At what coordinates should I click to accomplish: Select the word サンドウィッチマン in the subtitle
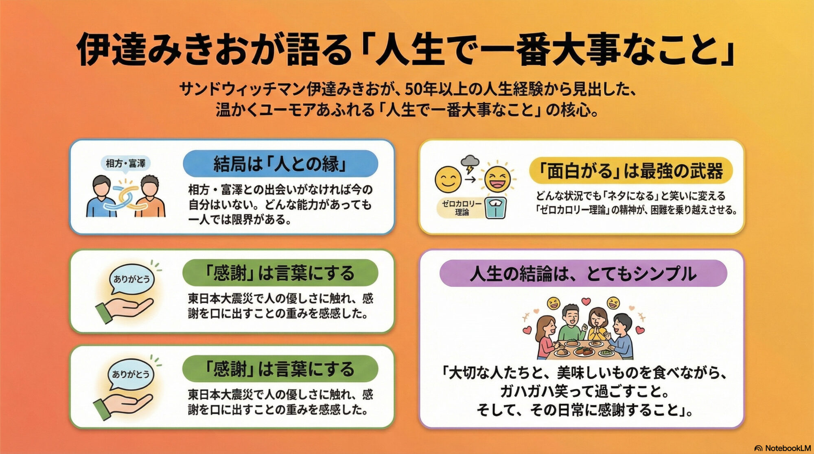click(242, 89)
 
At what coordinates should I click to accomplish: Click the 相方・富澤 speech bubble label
click(125, 164)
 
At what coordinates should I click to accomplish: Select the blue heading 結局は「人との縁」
click(280, 164)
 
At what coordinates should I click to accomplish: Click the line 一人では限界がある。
click(240, 220)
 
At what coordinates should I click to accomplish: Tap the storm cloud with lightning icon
click(470, 163)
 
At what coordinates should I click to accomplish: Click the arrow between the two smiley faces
click(470, 179)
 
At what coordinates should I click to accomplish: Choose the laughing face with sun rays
click(497, 179)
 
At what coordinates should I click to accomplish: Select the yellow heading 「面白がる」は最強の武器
click(630, 170)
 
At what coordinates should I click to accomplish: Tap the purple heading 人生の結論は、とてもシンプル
click(583, 273)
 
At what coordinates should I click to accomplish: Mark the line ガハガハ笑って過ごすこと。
click(584, 391)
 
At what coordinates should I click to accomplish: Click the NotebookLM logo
click(782, 448)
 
